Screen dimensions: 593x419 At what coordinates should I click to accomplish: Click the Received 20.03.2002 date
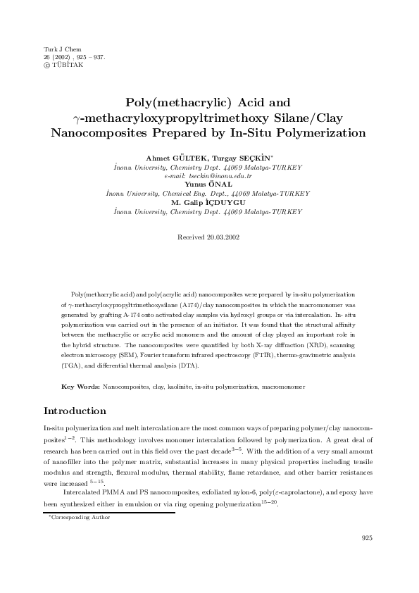pyautogui.click(x=209, y=238)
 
